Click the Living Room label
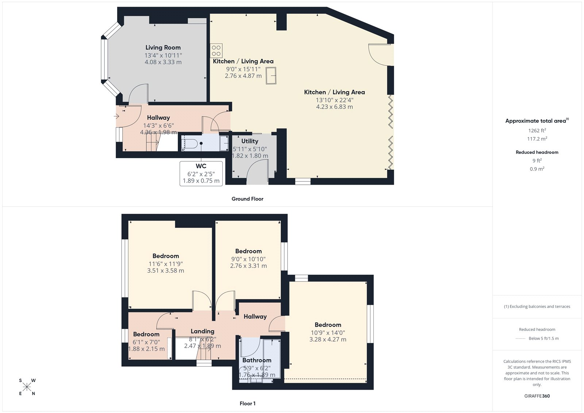coord(163,47)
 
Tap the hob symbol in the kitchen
coord(216,51)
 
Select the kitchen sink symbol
coord(271,76)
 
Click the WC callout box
coord(201,173)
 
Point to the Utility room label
coord(250,141)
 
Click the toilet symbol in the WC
coord(191,144)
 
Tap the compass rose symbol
coord(27,387)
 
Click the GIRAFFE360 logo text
coord(537,396)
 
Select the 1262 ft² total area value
coord(537,130)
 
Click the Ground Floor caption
coord(247,199)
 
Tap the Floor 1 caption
coord(247,404)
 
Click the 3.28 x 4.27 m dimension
coord(328,340)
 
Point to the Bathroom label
coord(257,360)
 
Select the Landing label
coord(202,331)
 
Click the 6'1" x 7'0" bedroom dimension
coord(146,342)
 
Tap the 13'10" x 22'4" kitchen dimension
coord(334,100)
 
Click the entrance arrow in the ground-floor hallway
coord(117,116)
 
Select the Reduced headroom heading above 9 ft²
coord(537,152)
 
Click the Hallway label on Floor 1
coord(255,317)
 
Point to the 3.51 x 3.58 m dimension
coord(165,271)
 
